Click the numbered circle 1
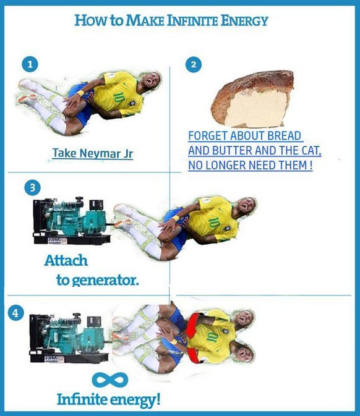tap(30, 64)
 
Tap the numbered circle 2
tap(194, 64)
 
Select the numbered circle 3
tap(32, 187)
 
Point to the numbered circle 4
tap(16, 313)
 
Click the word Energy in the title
tap(244, 21)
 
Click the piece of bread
tap(253, 99)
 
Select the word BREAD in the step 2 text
tap(284, 136)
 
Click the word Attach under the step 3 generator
tap(66, 260)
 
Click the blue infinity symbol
tap(110, 380)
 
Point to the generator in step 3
tap(72, 221)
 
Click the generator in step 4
tap(69, 338)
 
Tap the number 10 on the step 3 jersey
tap(214, 223)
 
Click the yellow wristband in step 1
tap(80, 93)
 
